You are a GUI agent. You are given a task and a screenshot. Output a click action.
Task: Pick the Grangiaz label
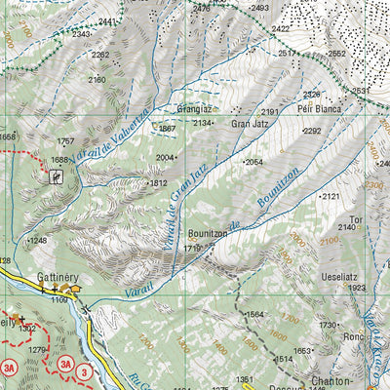click(x=194, y=110)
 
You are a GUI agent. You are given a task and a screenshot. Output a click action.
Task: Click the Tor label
click(x=356, y=220)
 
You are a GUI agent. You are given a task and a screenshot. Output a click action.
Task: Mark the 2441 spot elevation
click(x=108, y=21)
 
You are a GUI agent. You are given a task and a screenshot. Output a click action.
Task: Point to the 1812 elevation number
click(x=158, y=182)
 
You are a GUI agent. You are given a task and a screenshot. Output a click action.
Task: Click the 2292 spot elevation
click(x=312, y=131)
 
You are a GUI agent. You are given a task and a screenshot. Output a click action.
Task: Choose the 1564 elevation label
click(x=256, y=314)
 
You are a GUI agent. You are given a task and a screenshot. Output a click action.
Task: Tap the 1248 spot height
click(x=38, y=240)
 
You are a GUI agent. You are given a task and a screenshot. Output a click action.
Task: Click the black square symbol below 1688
click(x=57, y=176)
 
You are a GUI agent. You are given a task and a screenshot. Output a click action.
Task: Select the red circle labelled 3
click(x=85, y=371)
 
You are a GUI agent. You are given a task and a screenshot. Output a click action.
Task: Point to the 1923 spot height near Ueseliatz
click(x=356, y=289)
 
